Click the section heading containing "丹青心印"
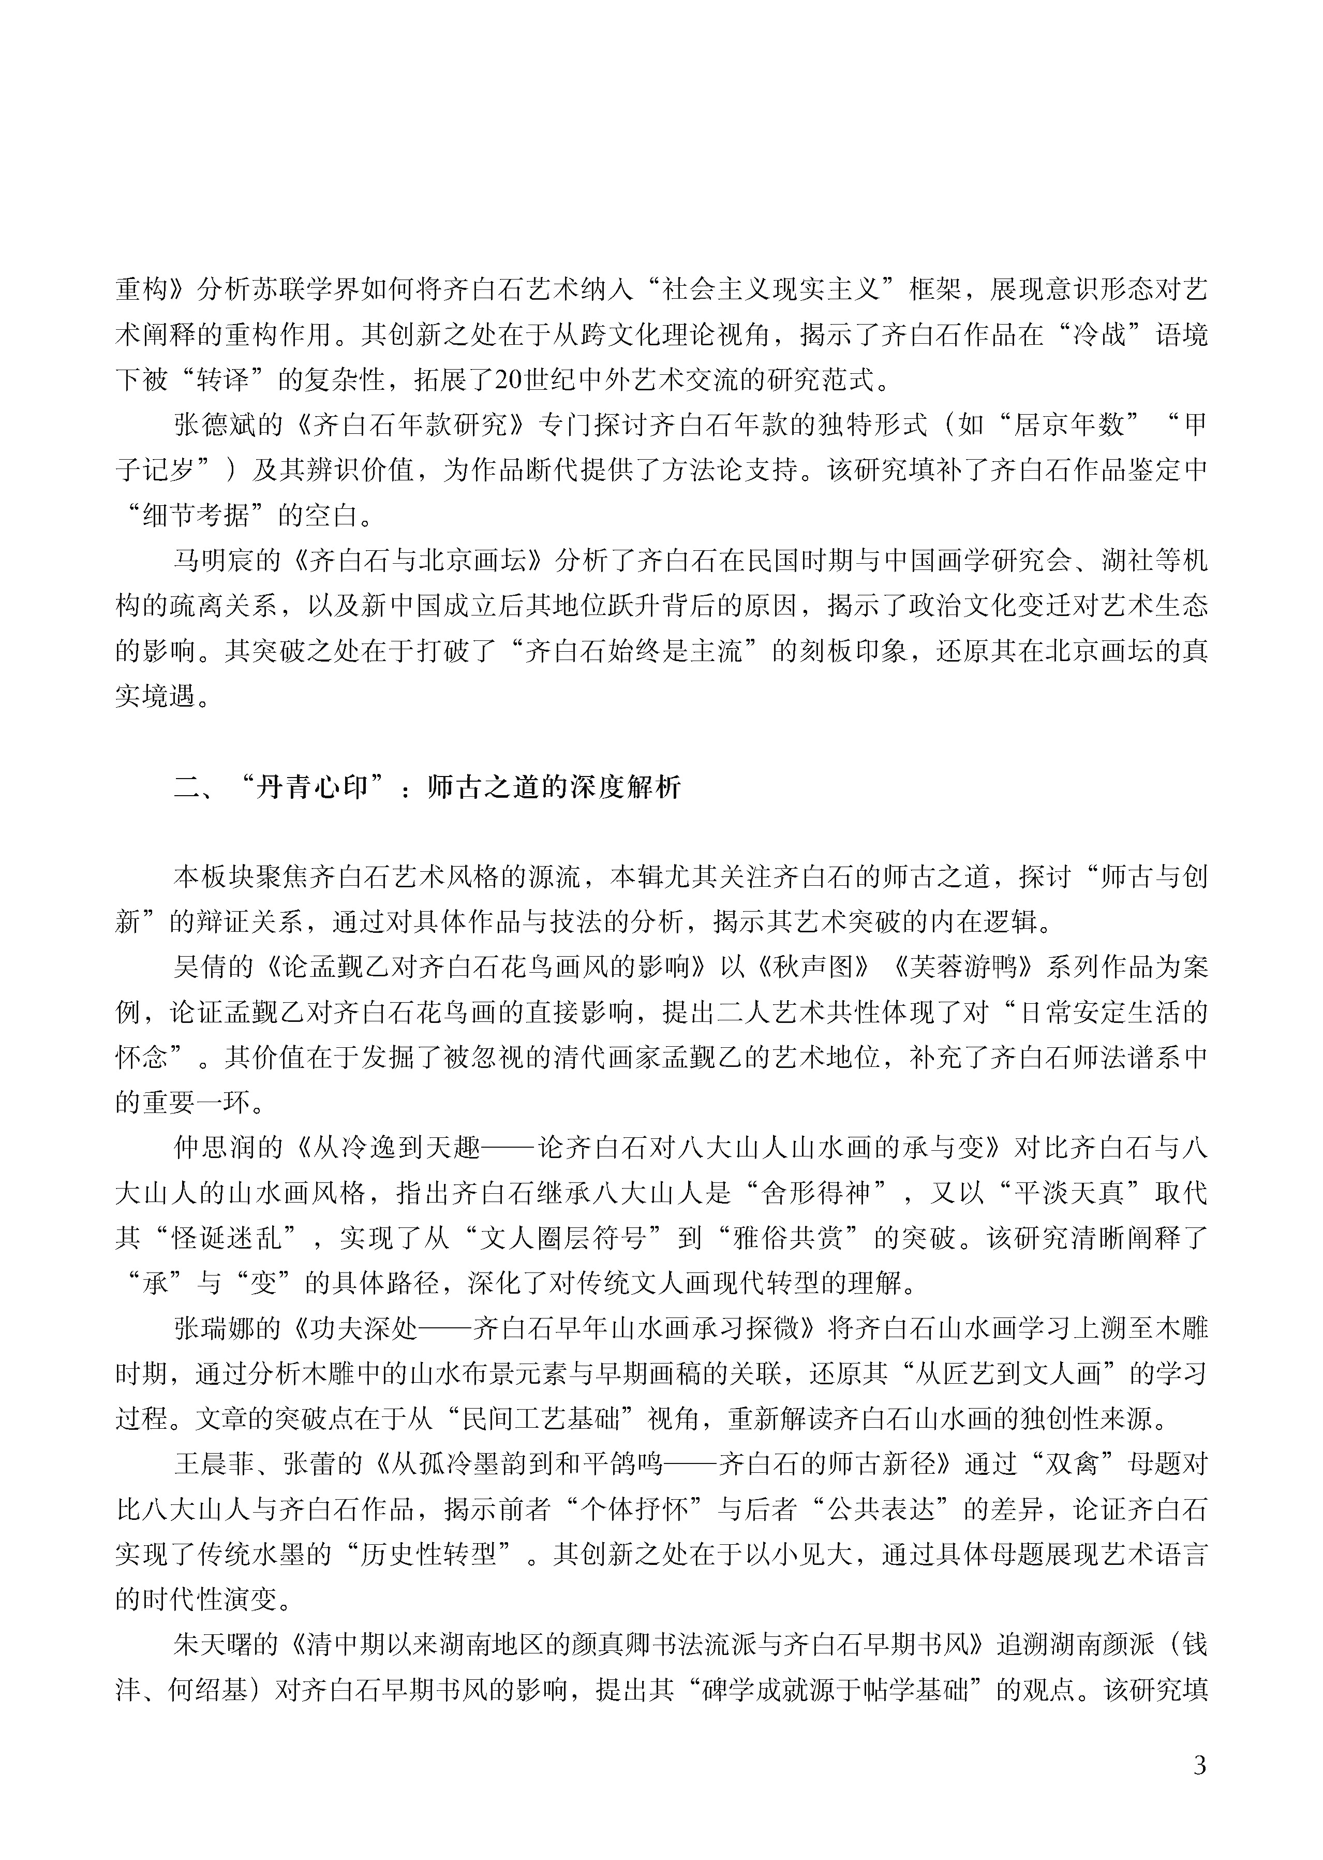point(427,787)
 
